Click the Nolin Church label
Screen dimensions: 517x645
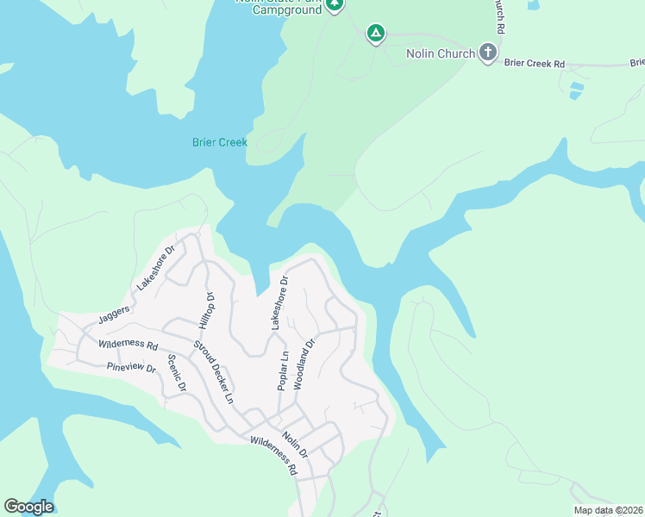440,53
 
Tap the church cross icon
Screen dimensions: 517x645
488,53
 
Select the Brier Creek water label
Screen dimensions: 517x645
219,142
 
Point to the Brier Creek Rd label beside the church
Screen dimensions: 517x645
534,64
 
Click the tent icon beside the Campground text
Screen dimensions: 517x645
335,5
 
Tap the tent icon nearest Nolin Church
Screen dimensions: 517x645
375,34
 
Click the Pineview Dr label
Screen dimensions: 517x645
130,368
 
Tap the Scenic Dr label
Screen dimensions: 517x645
177,373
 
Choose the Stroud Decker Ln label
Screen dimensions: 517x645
213,373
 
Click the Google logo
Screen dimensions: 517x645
28,507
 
